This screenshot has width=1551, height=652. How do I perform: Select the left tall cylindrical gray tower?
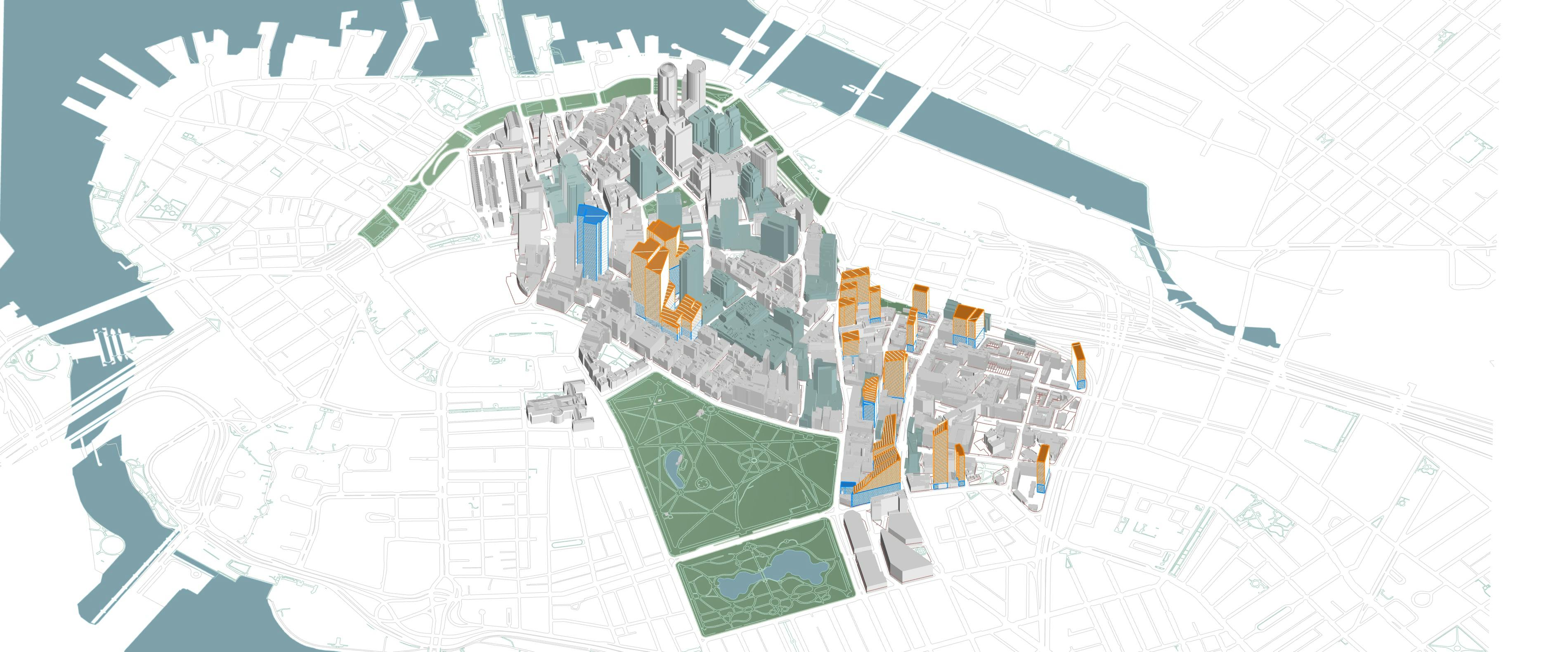point(667,90)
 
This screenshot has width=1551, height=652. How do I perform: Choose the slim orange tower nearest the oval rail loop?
point(1078,364)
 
